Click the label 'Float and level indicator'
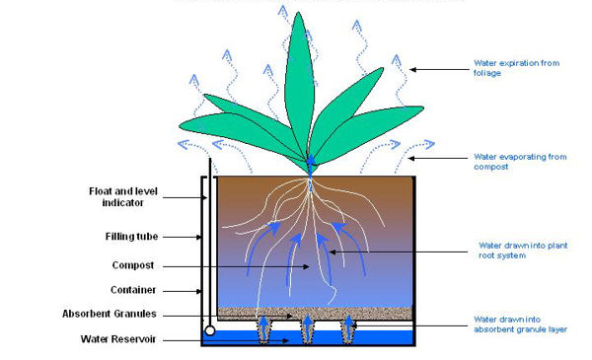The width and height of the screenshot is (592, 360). (x=117, y=196)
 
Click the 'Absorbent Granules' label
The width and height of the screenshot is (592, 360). (x=110, y=315)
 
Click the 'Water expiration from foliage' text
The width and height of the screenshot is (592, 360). (x=515, y=68)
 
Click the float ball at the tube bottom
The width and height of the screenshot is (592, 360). (x=209, y=330)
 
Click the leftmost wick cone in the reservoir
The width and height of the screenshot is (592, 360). (x=264, y=329)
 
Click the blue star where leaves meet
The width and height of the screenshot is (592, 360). (x=311, y=159)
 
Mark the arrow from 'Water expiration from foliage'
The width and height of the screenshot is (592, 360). (x=438, y=68)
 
